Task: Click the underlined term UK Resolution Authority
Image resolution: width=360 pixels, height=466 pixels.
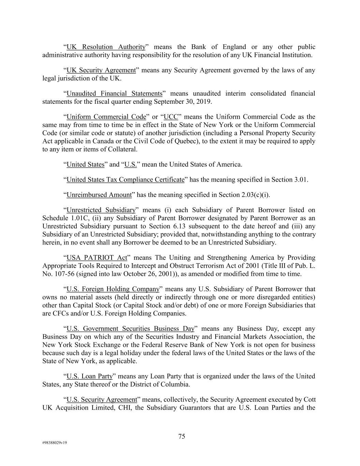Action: (106, 47)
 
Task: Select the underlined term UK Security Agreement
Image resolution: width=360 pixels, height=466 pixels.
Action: (101, 70)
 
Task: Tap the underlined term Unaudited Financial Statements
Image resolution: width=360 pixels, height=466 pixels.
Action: (114, 94)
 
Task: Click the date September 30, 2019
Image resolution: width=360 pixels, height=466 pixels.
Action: (183, 102)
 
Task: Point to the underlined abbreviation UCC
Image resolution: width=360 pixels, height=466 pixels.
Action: (171, 117)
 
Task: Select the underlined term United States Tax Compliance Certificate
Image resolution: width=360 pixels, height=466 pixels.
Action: (125, 180)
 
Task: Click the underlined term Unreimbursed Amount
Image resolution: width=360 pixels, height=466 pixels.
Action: (99, 195)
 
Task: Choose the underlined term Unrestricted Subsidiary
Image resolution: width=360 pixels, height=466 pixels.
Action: (101, 210)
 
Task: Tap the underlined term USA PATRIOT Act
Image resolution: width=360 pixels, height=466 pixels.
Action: (97, 258)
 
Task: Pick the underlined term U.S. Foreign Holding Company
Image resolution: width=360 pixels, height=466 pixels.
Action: (113, 289)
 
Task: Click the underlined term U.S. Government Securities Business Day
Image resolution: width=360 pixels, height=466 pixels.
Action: (130, 329)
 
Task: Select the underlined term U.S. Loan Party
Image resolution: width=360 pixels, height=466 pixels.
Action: (89, 377)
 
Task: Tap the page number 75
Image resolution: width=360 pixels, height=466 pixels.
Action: (182, 436)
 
